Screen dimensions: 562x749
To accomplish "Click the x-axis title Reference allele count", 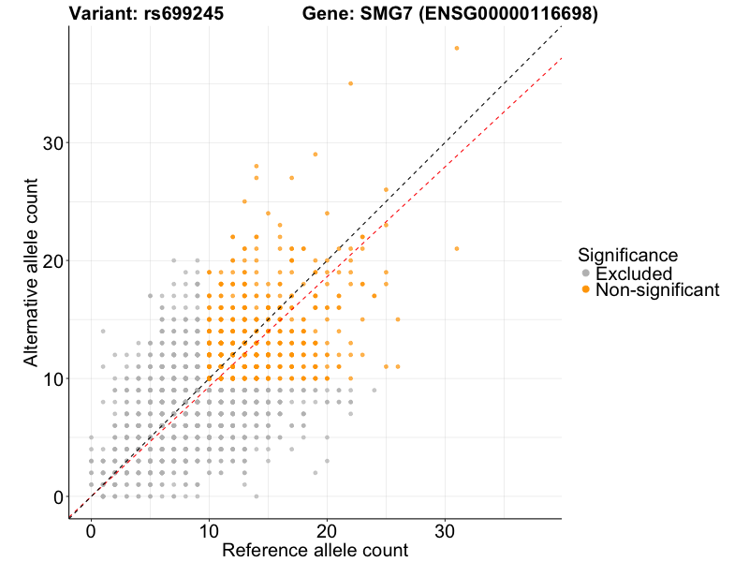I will point(315,550).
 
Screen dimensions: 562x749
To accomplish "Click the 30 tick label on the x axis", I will point(446,531).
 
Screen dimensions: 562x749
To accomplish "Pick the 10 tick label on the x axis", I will point(209,531).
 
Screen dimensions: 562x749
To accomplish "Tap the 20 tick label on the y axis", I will point(52,260).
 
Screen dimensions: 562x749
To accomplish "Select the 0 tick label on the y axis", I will point(58,496).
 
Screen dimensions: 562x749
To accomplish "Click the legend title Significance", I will point(628,255).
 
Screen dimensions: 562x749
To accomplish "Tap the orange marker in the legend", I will point(586,290).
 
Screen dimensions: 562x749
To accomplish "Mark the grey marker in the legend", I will point(586,274).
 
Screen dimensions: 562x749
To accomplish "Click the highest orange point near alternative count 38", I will point(457,48).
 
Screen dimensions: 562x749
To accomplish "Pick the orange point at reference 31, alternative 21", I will point(457,248).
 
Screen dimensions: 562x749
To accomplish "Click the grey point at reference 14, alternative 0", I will point(257,496).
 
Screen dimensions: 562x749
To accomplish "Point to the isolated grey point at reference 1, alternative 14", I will point(103,331).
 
